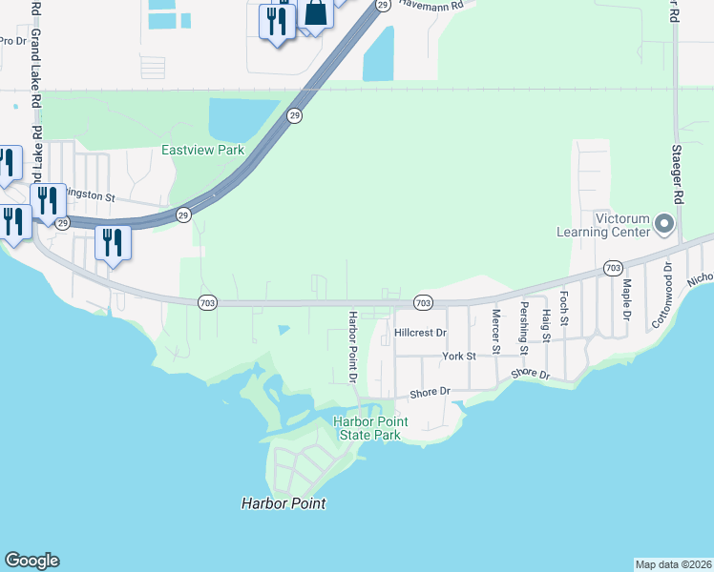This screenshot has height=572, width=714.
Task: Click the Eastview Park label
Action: [202, 150]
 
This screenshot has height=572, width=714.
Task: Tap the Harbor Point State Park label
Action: [370, 428]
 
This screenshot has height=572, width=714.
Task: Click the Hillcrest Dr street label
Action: [420, 333]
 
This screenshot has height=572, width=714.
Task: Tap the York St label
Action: [458, 356]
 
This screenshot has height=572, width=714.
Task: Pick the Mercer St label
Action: [495, 331]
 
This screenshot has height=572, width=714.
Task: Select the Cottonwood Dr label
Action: [662, 296]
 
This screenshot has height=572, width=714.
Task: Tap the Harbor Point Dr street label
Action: [352, 346]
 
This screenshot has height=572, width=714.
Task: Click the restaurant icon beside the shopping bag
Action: [277, 20]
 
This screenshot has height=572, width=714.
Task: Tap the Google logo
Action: [31, 561]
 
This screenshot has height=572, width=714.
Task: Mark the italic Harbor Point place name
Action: [283, 503]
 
